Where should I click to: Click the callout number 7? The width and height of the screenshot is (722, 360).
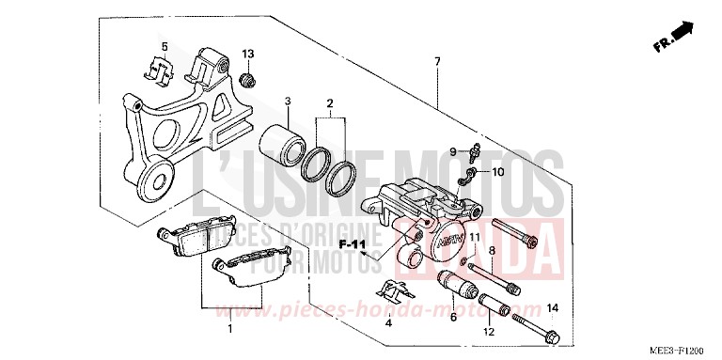pyautogui.click(x=436, y=62)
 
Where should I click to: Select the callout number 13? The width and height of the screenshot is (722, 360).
pyautogui.click(x=249, y=53)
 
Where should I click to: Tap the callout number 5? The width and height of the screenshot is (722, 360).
pyautogui.click(x=164, y=46)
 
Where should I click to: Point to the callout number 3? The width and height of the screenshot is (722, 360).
pyautogui.click(x=289, y=102)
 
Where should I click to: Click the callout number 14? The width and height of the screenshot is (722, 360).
pyautogui.click(x=553, y=308)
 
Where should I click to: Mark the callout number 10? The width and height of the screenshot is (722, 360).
pyautogui.click(x=498, y=173)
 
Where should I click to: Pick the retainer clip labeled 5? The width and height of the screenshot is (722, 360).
pyautogui.click(x=160, y=70)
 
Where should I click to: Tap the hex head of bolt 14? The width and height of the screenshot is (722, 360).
pyautogui.click(x=553, y=335)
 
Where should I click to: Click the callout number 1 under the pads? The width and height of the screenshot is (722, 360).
pyautogui.click(x=228, y=329)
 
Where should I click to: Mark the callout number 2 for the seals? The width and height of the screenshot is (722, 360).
pyautogui.click(x=330, y=102)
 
